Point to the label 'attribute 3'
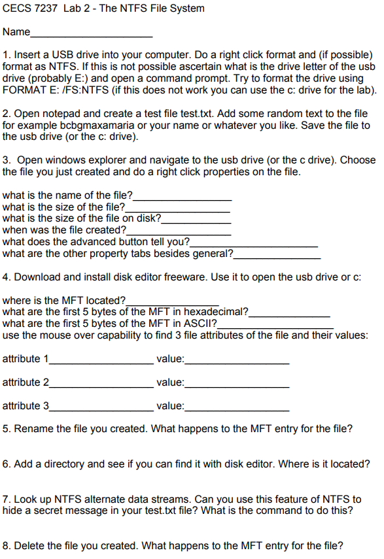click(26, 406)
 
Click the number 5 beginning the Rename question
click(6, 429)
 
